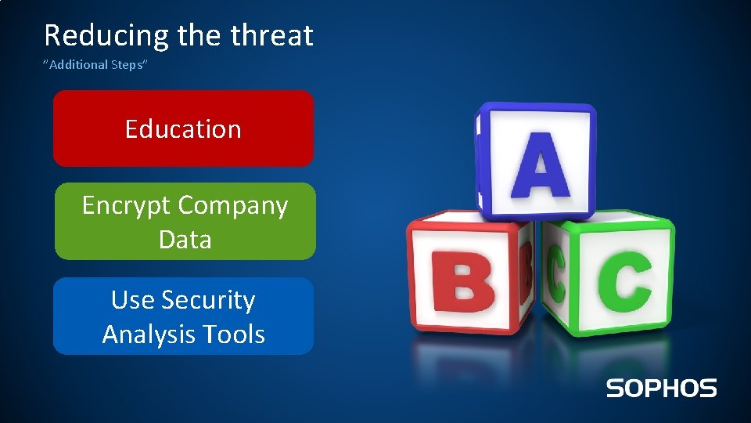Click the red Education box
(x=183, y=128)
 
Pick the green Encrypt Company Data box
(x=185, y=222)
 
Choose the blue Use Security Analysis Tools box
(x=183, y=316)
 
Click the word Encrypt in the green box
(x=127, y=205)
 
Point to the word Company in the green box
(x=232, y=205)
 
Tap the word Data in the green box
(x=185, y=239)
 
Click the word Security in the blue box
(x=208, y=300)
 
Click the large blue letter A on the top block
(x=540, y=165)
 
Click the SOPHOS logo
(x=661, y=388)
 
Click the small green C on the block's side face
(x=556, y=275)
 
